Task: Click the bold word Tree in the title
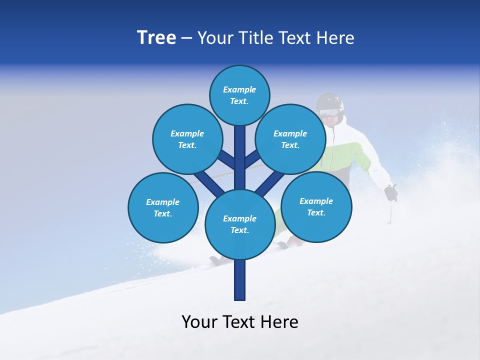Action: pyautogui.click(x=156, y=37)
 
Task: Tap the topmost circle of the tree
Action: pyautogui.click(x=239, y=95)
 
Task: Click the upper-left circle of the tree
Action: pyautogui.click(x=187, y=139)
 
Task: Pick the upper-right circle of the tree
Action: pyautogui.click(x=290, y=139)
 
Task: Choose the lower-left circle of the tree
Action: pyautogui.click(x=163, y=207)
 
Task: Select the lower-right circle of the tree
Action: pyautogui.click(x=316, y=206)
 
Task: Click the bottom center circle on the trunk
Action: pyautogui.click(x=240, y=224)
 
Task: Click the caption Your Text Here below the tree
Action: pyautogui.click(x=240, y=322)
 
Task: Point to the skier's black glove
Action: pyautogui.click(x=390, y=192)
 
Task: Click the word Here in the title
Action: pyautogui.click(x=336, y=37)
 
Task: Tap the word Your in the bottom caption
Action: pyautogui.click(x=199, y=322)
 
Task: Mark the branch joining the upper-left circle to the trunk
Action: pyautogui.click(x=226, y=160)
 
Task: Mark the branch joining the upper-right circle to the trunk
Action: pyautogui.click(x=253, y=160)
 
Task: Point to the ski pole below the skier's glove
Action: pyautogui.click(x=389, y=212)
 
